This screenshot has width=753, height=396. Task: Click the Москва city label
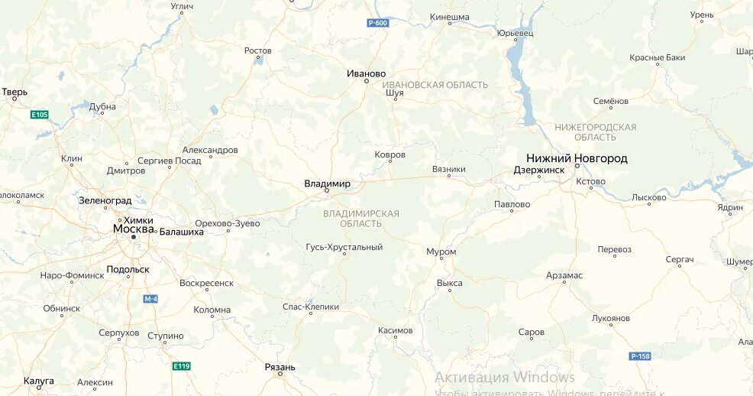click(x=134, y=229)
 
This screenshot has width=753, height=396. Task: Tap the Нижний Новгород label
click(x=577, y=158)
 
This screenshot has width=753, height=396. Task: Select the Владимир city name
click(x=327, y=183)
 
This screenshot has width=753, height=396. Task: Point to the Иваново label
click(x=366, y=73)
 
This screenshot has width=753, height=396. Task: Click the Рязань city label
click(x=280, y=368)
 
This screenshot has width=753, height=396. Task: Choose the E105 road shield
click(x=39, y=115)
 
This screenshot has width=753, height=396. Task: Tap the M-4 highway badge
click(x=150, y=298)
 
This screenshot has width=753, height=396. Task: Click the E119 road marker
click(x=181, y=366)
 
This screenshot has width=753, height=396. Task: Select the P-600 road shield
click(x=377, y=23)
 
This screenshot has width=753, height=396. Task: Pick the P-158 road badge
click(x=639, y=356)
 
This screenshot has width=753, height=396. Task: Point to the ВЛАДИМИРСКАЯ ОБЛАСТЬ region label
click(x=361, y=218)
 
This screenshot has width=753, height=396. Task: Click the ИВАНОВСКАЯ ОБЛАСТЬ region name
click(x=435, y=85)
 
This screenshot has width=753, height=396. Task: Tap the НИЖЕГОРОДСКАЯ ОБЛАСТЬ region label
click(x=596, y=131)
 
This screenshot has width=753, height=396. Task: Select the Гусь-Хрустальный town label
click(x=344, y=247)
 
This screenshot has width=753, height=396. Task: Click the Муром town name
click(x=441, y=252)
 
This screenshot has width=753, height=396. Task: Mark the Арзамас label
click(x=564, y=275)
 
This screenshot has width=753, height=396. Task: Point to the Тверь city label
click(x=15, y=92)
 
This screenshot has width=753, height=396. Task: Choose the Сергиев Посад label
click(x=169, y=161)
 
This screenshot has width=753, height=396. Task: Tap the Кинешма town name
click(x=449, y=16)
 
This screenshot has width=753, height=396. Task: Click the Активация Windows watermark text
click(x=505, y=378)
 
